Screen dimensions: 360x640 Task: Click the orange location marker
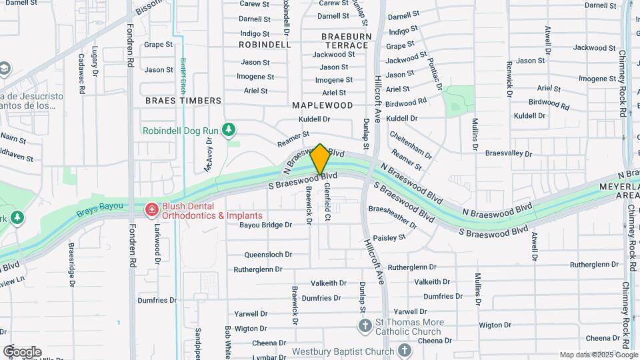click(320, 159)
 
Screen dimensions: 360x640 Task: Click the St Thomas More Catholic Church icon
click(365, 326)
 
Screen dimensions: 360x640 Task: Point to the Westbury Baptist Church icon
click(405, 351)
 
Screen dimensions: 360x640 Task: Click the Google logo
click(22, 352)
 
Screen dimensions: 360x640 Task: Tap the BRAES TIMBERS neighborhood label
click(183, 101)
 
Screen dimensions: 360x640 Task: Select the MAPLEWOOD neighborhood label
click(323, 105)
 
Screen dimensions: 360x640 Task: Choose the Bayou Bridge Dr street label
click(266, 225)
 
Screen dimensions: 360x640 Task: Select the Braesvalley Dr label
click(509, 153)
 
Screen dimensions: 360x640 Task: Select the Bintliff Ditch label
click(181, 75)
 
